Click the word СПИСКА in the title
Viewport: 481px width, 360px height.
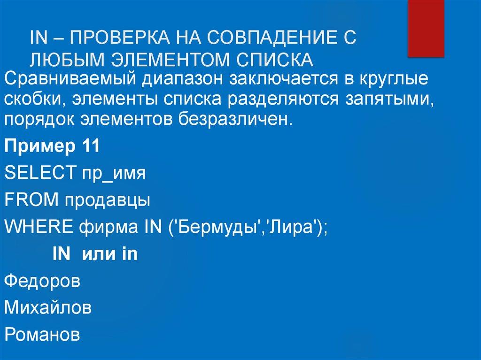[271, 60]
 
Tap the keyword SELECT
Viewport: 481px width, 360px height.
[37, 174]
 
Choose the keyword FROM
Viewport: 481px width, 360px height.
[31, 200]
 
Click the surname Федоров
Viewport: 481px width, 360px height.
[42, 281]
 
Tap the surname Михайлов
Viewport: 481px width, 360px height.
[48, 308]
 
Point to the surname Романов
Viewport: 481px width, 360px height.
[42, 335]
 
